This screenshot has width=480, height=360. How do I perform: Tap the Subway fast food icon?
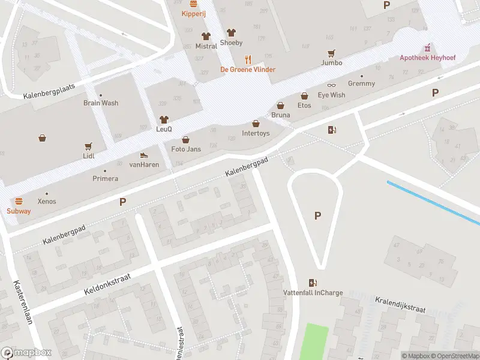coord(19,201)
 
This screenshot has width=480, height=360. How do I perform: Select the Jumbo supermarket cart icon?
coord(331,53)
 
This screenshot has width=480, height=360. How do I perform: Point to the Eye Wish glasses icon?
coord(331,86)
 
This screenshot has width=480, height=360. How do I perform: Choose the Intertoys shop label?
coord(256,133)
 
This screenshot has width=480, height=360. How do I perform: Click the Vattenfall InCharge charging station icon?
coord(313,283)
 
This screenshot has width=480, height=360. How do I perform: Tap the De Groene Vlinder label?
coord(248,70)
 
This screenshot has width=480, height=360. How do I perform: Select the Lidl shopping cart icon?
coord(89,146)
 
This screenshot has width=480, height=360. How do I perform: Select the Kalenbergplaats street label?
coord(49,91)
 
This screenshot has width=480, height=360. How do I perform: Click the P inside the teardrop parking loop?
coord(317,216)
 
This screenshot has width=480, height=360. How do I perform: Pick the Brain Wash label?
coord(101,103)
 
